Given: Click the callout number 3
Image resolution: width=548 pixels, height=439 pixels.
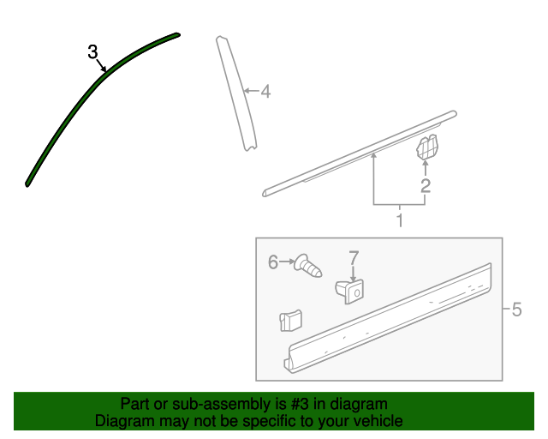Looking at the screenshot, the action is [x=92, y=51].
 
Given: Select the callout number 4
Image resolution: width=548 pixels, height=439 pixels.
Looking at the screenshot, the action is [x=266, y=92].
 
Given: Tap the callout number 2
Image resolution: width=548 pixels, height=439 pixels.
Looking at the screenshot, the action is [x=426, y=185].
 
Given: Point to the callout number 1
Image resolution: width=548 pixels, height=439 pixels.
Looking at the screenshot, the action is [x=400, y=220].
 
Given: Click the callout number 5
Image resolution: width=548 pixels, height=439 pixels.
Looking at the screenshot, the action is [x=516, y=310].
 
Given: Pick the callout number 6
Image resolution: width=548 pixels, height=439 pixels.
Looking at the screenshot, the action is [x=273, y=262].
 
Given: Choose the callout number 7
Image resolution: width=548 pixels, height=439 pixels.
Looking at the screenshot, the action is [x=354, y=258].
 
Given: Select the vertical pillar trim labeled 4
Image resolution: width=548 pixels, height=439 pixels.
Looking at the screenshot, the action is [x=236, y=93].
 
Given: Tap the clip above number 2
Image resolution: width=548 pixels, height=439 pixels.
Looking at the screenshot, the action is [x=426, y=147].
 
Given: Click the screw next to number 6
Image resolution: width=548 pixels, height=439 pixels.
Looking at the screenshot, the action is [x=307, y=267].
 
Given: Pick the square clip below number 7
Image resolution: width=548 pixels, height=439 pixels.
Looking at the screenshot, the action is [x=350, y=292].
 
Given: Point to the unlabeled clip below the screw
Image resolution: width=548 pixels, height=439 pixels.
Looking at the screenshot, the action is [x=291, y=321].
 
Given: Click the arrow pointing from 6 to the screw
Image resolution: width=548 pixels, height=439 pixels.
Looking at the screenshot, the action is [x=287, y=262].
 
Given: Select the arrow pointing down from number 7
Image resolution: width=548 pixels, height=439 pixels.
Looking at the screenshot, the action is [x=354, y=274].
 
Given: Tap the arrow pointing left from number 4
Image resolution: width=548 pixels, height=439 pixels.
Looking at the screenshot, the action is [x=252, y=91].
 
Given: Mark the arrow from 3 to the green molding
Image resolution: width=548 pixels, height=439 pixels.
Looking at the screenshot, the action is [x=101, y=65].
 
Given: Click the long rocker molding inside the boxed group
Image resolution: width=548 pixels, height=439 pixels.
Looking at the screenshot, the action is [x=388, y=318].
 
